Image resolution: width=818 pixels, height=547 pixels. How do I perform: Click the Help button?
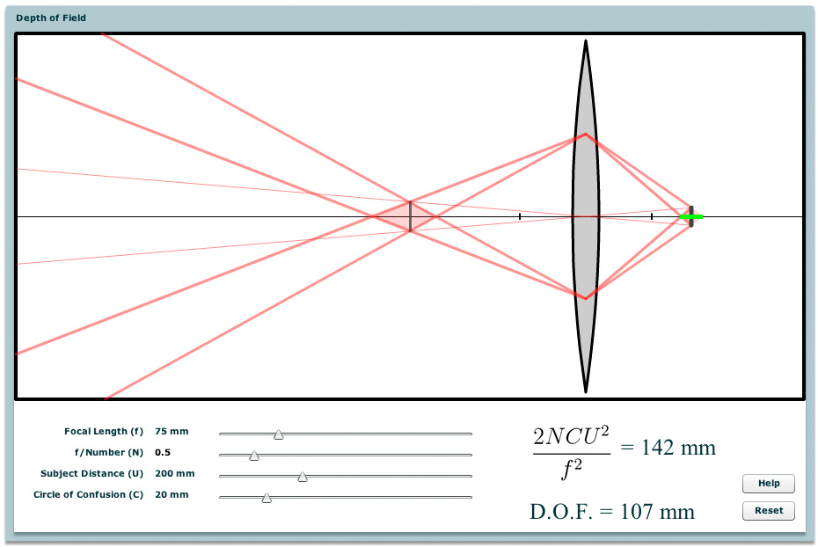[769, 484]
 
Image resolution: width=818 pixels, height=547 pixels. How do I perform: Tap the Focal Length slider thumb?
[279, 434]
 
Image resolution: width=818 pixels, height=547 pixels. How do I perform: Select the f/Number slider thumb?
[254, 456]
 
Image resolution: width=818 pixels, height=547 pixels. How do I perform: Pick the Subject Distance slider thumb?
[303, 477]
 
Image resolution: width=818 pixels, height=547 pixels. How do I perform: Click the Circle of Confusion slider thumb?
[267, 498]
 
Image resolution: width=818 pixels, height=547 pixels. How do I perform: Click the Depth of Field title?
[51, 18]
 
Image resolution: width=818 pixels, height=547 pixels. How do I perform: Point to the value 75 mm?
[172, 431]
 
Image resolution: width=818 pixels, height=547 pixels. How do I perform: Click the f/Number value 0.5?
[163, 452]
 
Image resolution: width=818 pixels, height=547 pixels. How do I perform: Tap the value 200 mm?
[175, 473]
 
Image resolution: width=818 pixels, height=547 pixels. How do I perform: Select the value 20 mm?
[172, 494]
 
